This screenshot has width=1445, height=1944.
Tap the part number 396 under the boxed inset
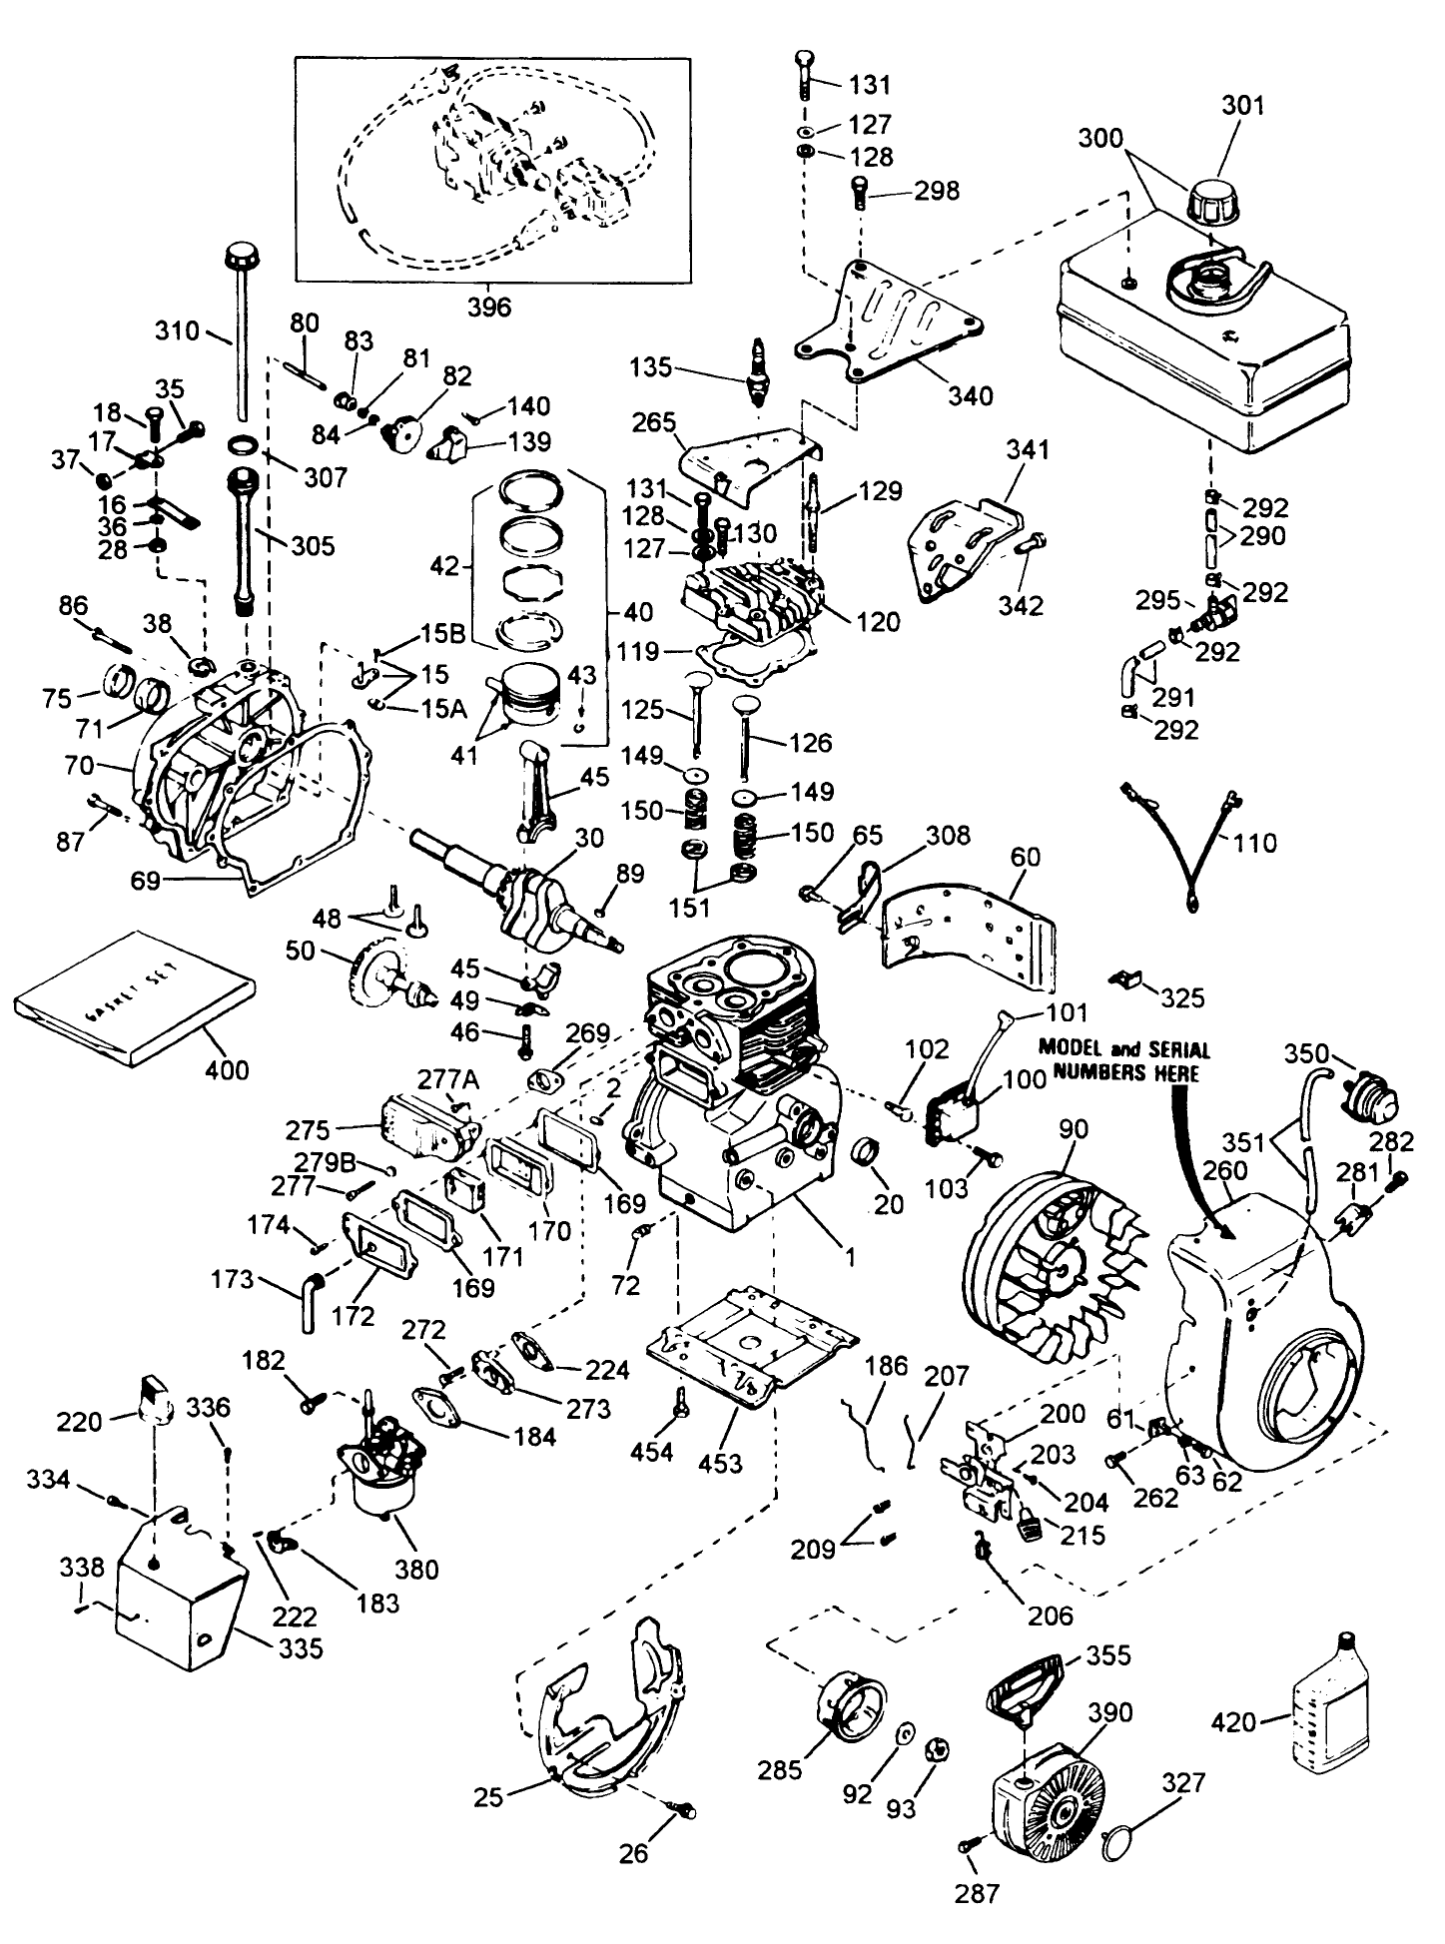click(x=488, y=307)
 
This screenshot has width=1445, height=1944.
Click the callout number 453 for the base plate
click(x=720, y=1463)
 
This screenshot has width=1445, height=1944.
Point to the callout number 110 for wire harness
click(x=1255, y=843)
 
